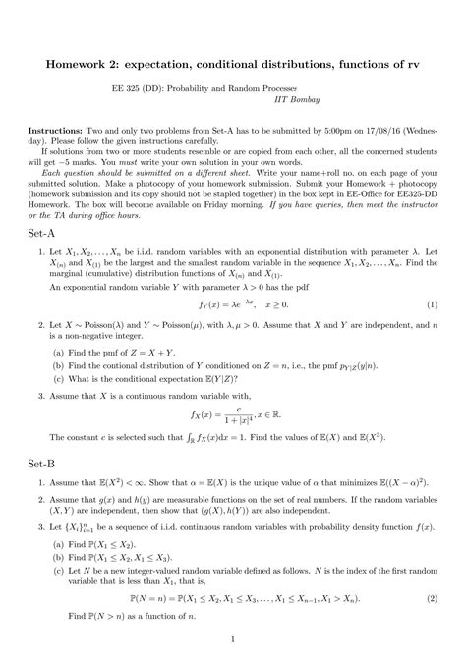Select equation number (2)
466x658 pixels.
point(433,596)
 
